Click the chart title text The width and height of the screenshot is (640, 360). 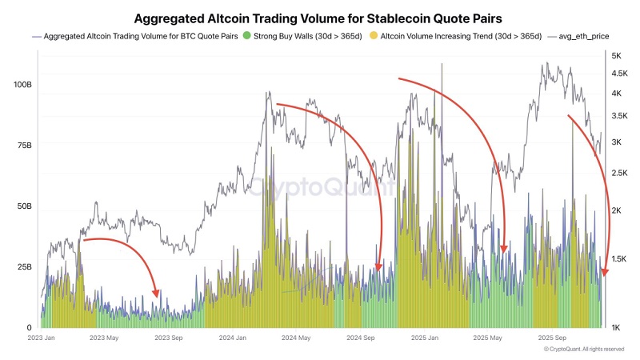[x=318, y=18]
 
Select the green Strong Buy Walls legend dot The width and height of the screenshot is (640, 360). [x=246, y=35]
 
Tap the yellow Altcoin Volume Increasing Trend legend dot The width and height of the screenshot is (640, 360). [x=374, y=35]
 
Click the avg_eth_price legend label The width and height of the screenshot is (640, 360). [x=584, y=36]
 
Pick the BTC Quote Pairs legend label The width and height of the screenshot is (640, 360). [x=141, y=36]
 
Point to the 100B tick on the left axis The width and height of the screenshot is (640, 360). [x=22, y=85]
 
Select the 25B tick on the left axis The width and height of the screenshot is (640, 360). [x=25, y=267]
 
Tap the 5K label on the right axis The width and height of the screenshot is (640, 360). [x=616, y=56]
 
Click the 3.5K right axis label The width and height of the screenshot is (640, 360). [x=619, y=116]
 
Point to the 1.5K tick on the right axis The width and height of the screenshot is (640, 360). [x=619, y=258]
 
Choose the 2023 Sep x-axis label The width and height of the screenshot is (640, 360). [x=169, y=338]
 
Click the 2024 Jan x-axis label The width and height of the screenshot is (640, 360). [x=233, y=338]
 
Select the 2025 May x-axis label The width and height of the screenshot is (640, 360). [x=487, y=338]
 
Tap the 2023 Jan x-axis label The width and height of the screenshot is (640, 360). [x=42, y=338]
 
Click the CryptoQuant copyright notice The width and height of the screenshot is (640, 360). [x=584, y=350]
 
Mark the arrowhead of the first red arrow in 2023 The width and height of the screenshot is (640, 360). [x=155, y=293]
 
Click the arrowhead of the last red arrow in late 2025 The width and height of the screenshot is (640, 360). [x=605, y=272]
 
